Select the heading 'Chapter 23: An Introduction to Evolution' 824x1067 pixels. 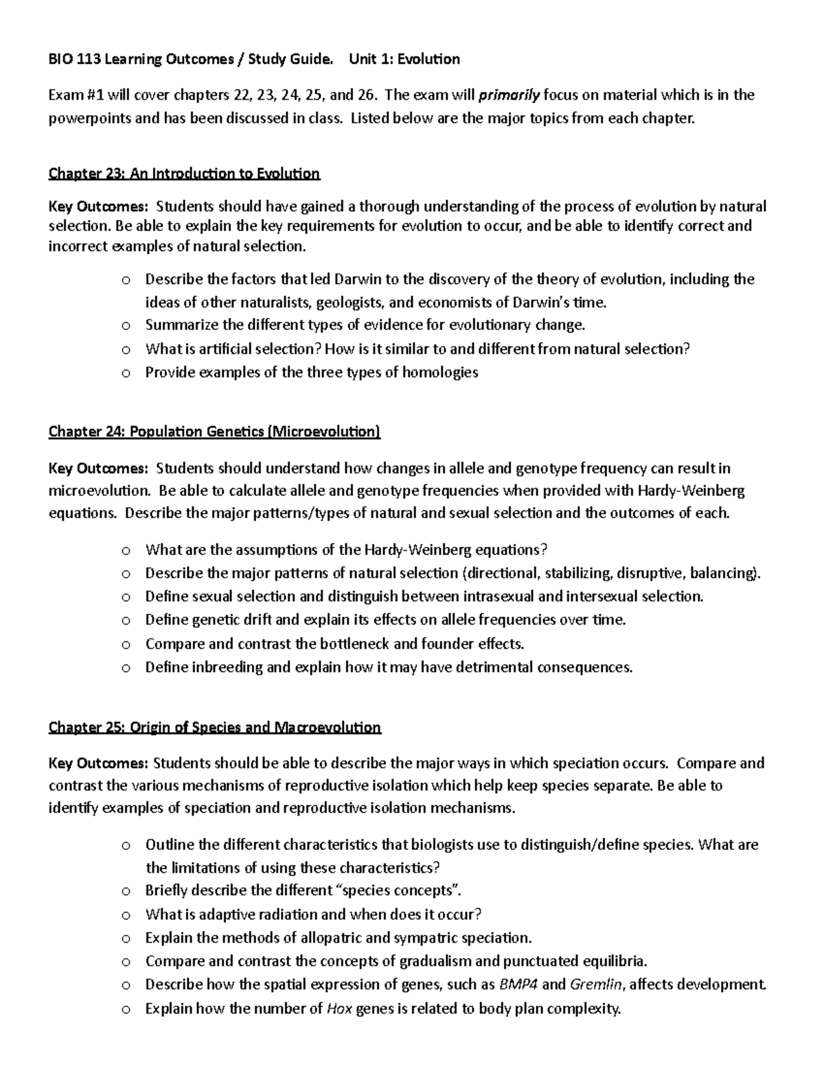(184, 173)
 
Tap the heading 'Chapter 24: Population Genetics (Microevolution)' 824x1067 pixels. (214, 431)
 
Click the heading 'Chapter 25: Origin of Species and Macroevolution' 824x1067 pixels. (214, 727)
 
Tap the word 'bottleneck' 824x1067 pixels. (355, 644)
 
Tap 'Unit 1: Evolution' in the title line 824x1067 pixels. (404, 59)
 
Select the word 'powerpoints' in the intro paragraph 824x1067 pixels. (89, 118)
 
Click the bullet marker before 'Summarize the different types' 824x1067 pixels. (125, 326)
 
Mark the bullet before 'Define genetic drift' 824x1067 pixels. (125, 620)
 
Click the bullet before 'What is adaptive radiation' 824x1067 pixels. (125, 914)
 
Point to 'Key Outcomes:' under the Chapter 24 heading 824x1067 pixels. (98, 469)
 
